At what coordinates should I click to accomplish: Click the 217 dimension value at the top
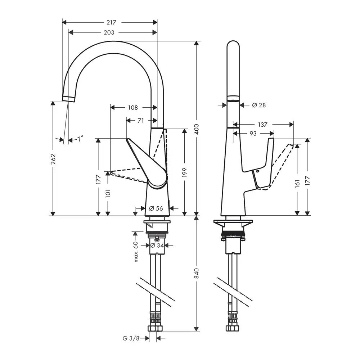111,22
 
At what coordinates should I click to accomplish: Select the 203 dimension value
109,32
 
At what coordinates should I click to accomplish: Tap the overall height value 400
197,129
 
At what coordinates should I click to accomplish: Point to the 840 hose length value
197,273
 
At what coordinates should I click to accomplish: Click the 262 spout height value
53,159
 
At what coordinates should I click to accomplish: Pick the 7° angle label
80,139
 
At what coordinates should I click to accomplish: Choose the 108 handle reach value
133,107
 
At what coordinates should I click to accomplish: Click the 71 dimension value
141,120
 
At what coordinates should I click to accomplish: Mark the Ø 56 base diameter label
156,208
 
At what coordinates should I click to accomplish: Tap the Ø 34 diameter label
157,246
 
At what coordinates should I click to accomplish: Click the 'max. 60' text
136,252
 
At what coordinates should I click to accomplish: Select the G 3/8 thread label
131,338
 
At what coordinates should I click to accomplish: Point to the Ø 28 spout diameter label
259,105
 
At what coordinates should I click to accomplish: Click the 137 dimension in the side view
262,125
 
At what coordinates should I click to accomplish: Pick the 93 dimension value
253,134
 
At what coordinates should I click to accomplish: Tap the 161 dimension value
297,184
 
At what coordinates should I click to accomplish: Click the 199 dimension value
185,172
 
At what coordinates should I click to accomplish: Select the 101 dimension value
108,193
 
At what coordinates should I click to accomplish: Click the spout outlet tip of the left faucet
68,99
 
